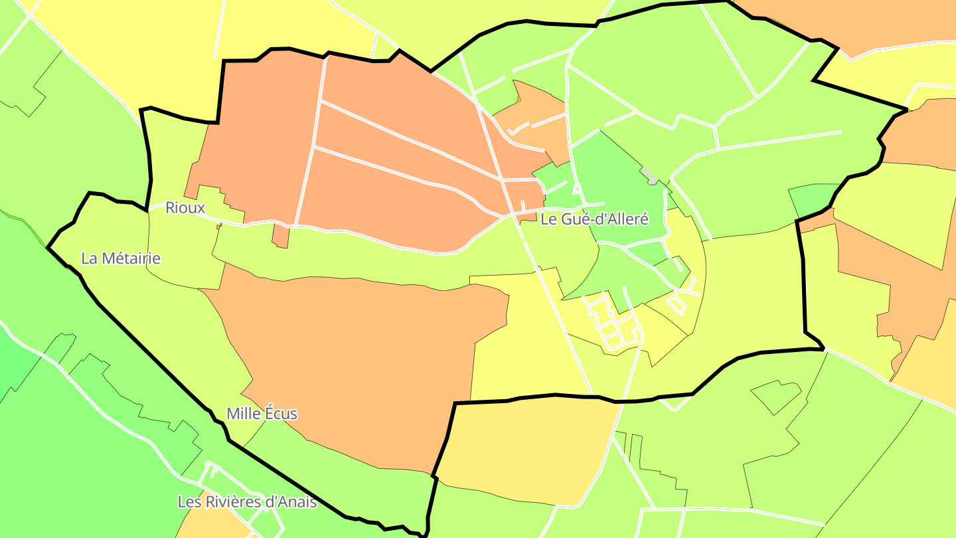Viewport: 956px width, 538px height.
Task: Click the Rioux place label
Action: click(x=185, y=208)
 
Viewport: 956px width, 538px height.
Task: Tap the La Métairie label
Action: click(x=120, y=258)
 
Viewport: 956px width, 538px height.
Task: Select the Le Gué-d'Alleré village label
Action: click(x=594, y=219)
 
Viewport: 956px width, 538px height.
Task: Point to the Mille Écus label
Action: click(x=262, y=414)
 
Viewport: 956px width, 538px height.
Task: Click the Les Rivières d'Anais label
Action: click(x=246, y=502)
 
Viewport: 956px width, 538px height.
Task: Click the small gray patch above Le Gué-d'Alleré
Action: click(x=650, y=177)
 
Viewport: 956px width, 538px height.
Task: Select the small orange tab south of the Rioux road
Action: click(x=281, y=236)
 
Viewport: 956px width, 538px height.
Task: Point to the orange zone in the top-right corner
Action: click(x=863, y=23)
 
